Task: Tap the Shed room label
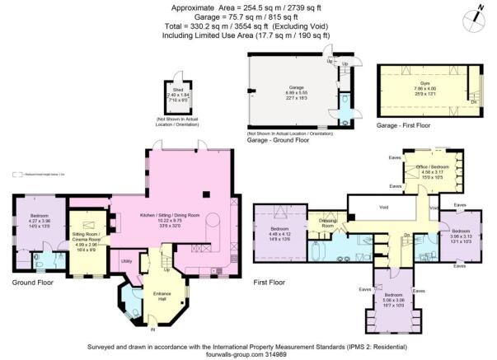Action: [x=177, y=89]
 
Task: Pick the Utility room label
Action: [x=127, y=261]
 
